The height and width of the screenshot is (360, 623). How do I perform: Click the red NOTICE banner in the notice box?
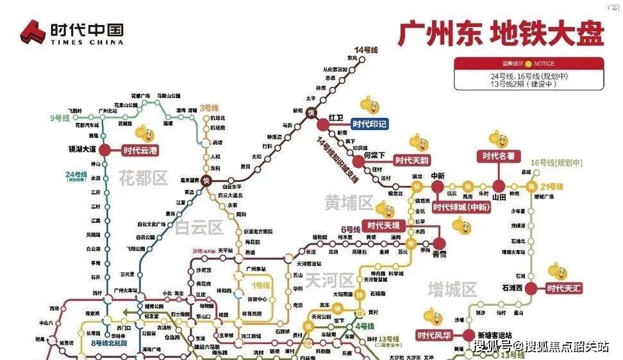(x=529, y=63)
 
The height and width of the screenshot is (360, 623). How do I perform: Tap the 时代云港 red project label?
(x=140, y=151)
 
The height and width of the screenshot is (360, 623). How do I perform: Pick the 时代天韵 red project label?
(x=411, y=161)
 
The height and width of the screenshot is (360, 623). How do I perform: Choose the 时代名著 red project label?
(x=499, y=156)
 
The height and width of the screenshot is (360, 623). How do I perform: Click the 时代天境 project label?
(x=383, y=225)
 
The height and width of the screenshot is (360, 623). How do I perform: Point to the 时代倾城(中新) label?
(x=461, y=207)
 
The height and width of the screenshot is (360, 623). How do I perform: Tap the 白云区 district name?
(x=199, y=227)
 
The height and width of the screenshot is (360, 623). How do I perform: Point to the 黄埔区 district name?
(x=348, y=203)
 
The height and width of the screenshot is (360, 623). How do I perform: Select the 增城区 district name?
(x=453, y=289)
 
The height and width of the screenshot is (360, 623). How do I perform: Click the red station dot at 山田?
(x=499, y=186)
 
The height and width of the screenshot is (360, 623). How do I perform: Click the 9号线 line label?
(x=60, y=118)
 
